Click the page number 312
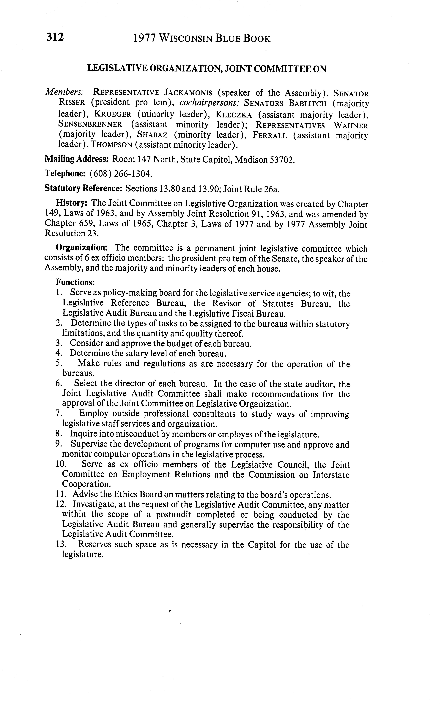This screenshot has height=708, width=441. point(55,38)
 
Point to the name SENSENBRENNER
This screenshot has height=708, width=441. point(90,125)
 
